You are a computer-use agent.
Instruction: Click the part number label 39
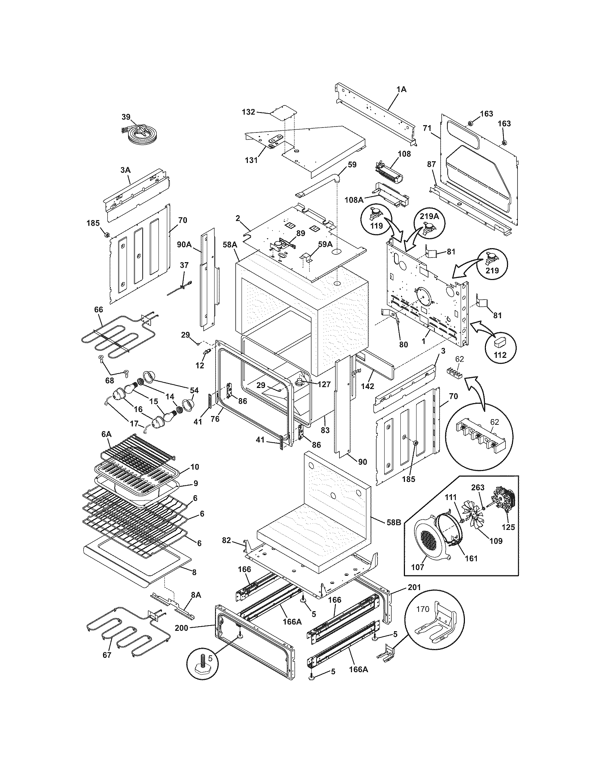tap(126, 117)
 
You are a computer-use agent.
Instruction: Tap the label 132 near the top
tap(248, 112)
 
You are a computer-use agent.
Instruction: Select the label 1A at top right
tap(401, 90)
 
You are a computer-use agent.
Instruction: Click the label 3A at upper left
tap(125, 170)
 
